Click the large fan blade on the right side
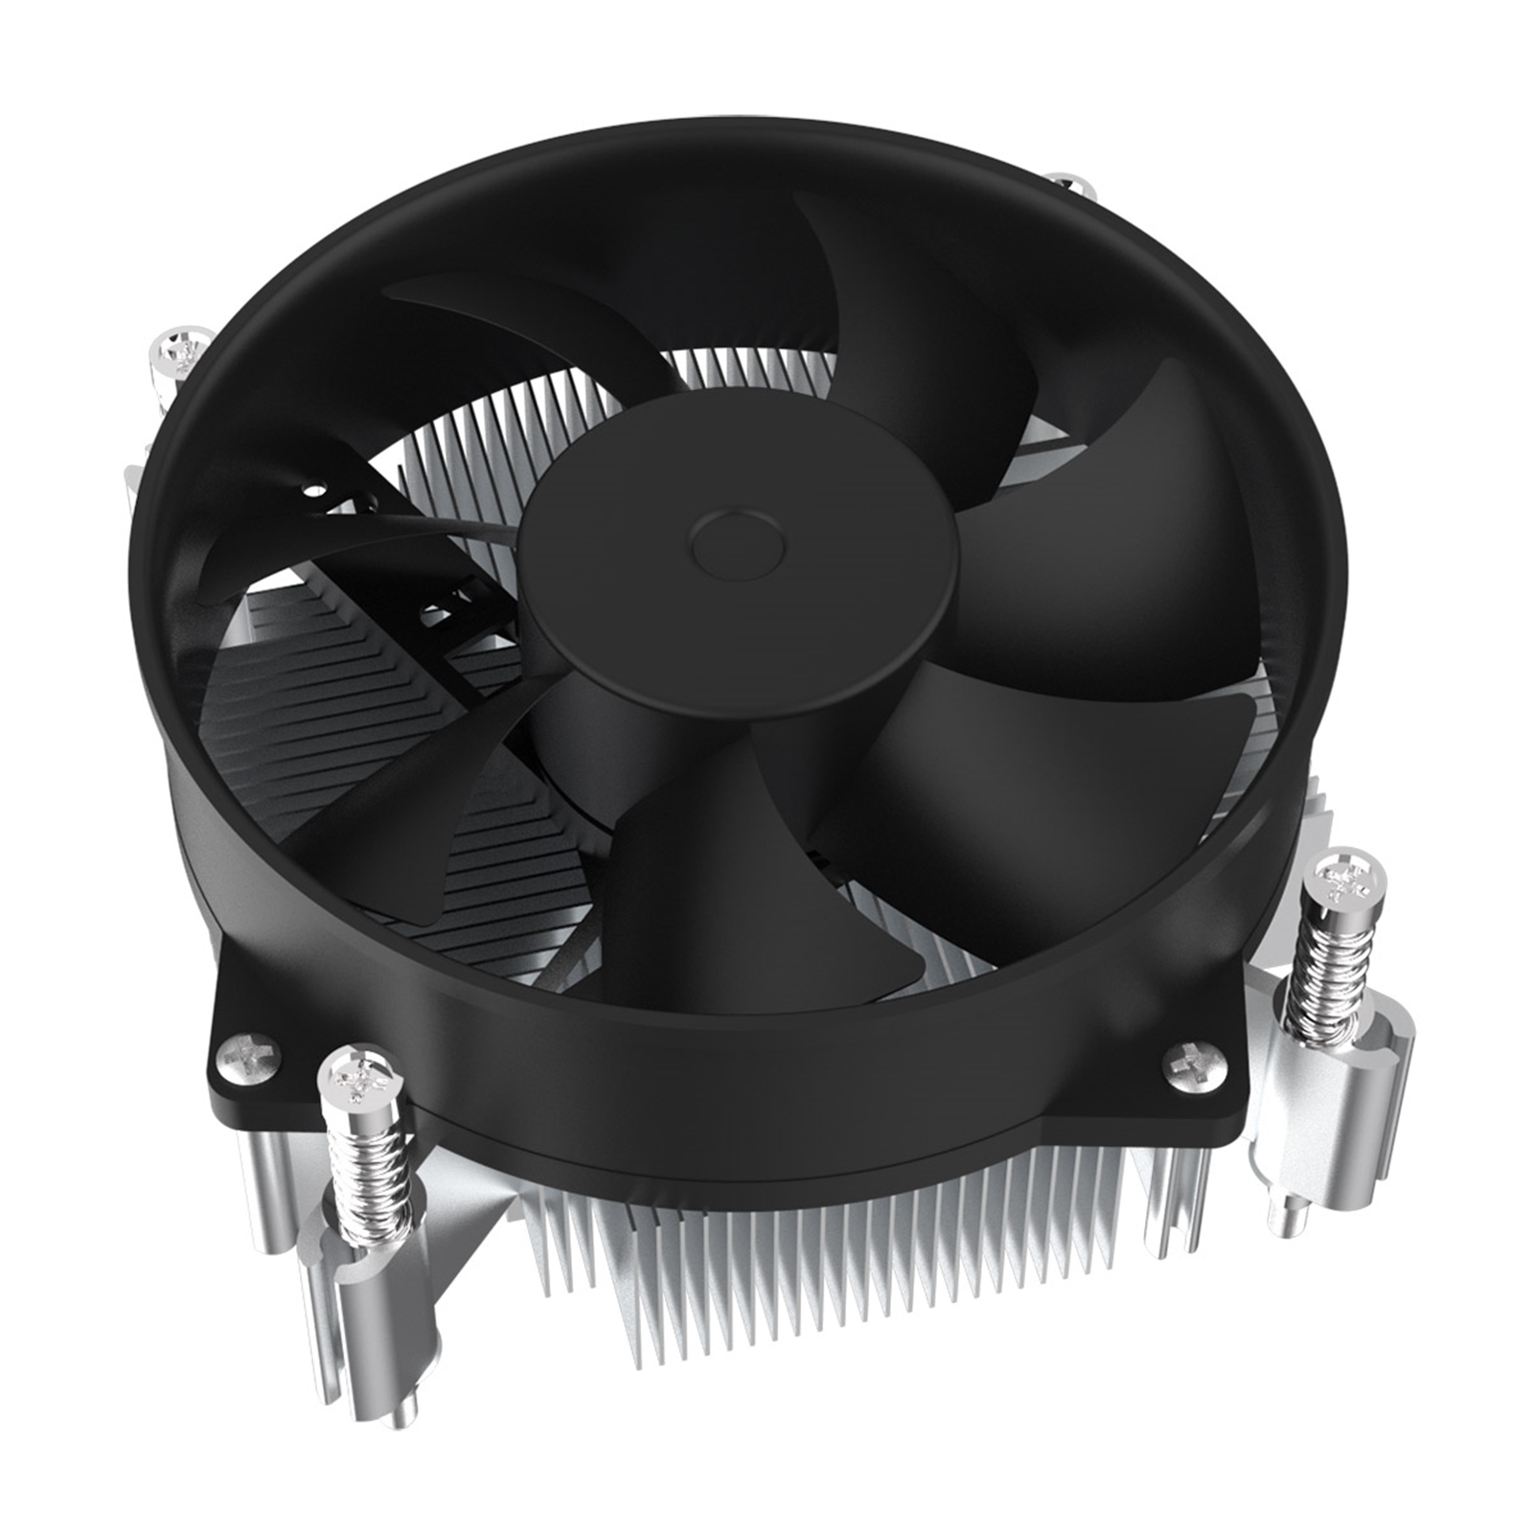tap(1131, 537)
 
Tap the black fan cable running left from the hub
tap(450, 522)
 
